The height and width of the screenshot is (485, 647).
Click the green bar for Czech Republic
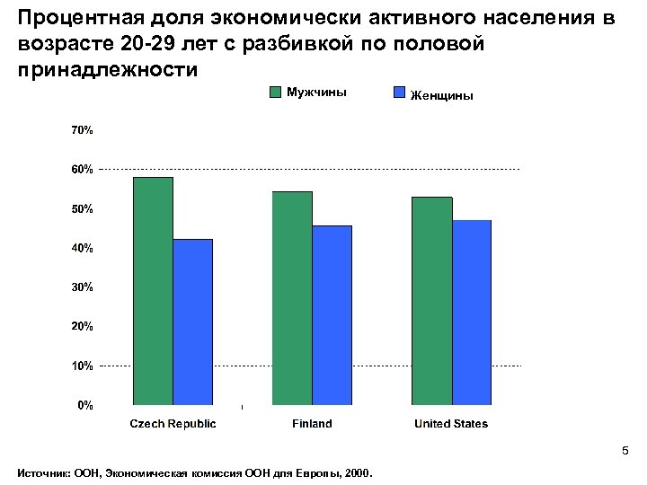tap(153, 291)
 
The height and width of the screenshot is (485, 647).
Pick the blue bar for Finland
tap(332, 315)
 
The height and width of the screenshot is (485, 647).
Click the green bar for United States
tap(432, 301)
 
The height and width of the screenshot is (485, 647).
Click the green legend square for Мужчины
tap(276, 92)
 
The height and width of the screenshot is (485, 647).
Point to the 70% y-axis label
tap(82, 130)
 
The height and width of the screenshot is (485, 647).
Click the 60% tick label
tap(82, 169)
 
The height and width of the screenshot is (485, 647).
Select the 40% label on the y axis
tap(82, 248)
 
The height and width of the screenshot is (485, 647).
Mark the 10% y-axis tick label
tap(82, 366)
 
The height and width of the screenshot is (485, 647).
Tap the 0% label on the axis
tap(84, 405)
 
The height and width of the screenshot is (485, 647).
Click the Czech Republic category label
tap(173, 424)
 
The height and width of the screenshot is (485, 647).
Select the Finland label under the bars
tap(312, 424)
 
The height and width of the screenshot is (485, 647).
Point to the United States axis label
tap(451, 424)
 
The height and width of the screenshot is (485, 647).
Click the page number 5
tap(626, 451)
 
